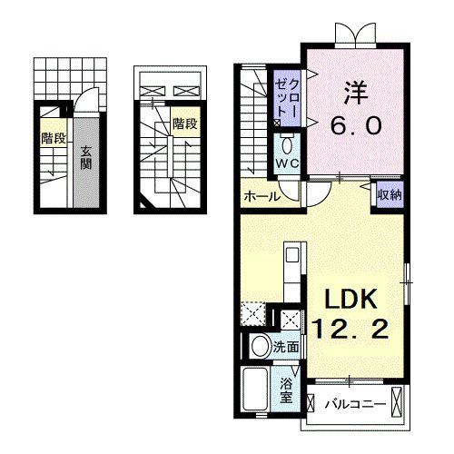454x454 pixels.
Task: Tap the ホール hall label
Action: [x=261, y=194]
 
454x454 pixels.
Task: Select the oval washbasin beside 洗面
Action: [x=260, y=346]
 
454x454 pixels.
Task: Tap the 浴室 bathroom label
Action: [x=285, y=389]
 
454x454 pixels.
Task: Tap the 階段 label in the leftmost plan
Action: [x=53, y=138]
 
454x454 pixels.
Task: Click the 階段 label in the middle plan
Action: [x=184, y=123]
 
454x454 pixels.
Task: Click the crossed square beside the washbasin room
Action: [x=291, y=318]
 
